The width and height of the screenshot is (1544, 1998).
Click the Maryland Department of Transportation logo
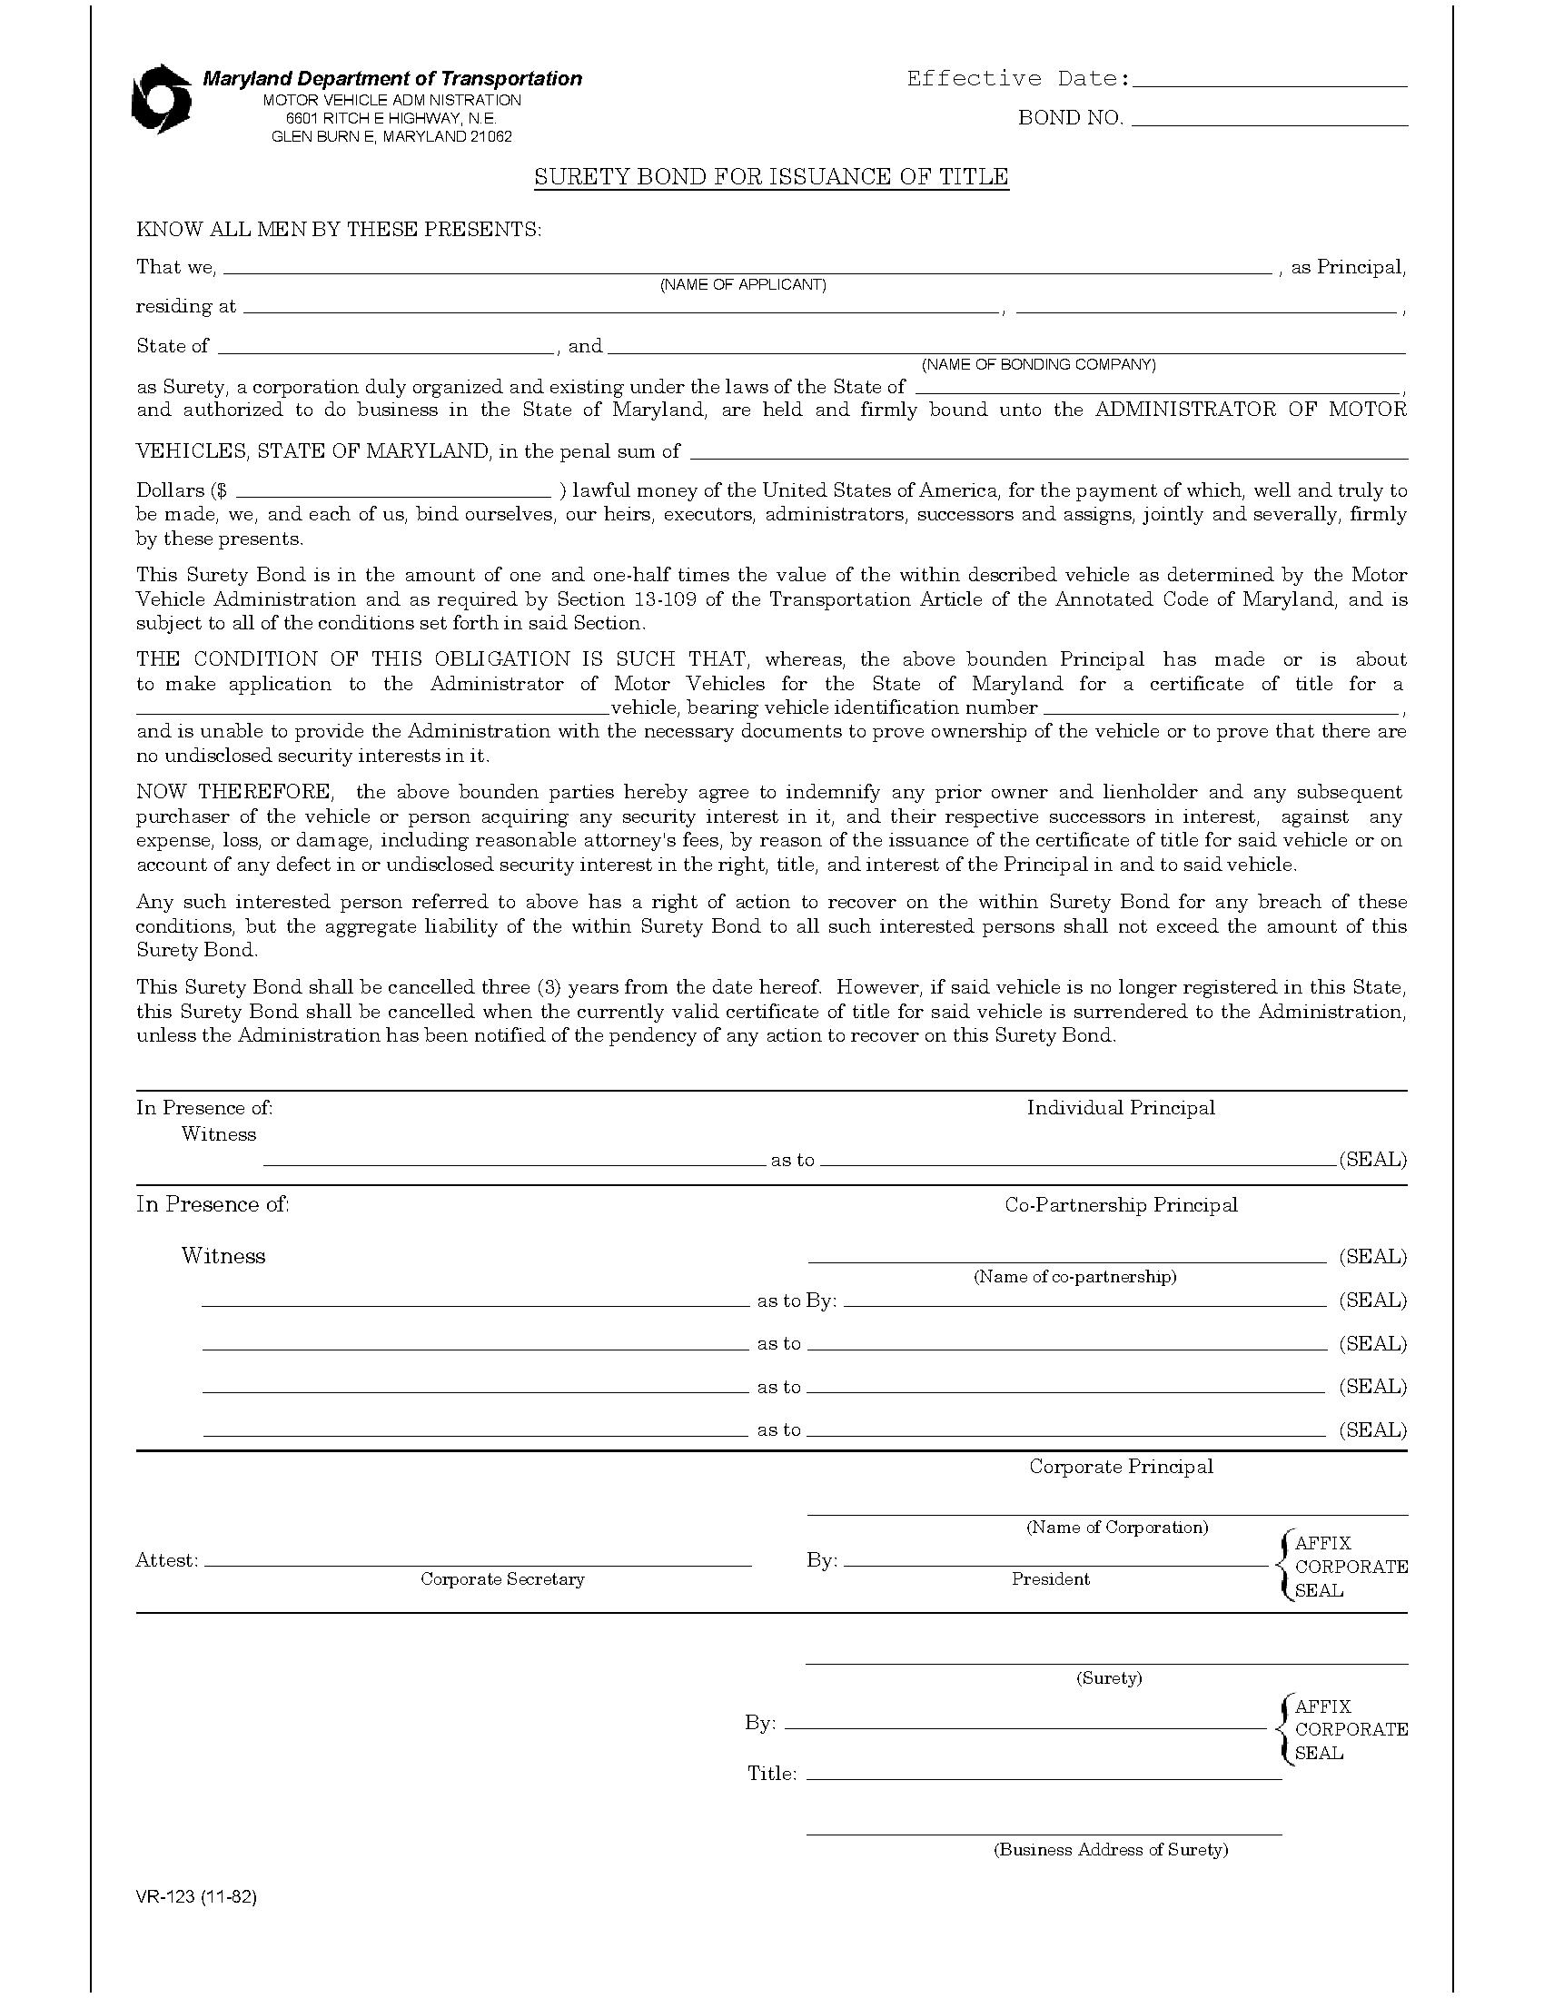point(161,99)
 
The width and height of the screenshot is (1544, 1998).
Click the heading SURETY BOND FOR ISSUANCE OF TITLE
point(771,176)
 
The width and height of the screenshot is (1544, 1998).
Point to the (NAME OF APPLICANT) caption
point(743,285)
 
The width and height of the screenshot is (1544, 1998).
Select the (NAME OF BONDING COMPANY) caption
point(1038,365)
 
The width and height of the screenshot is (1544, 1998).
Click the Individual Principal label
point(1121,1108)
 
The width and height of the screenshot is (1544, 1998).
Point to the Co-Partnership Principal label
point(1121,1205)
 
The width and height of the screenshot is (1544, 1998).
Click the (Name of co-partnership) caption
point(1074,1276)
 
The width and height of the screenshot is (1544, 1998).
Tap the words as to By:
point(797,1301)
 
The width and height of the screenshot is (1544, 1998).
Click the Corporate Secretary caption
point(502,1579)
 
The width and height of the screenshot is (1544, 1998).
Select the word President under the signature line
point(1050,1579)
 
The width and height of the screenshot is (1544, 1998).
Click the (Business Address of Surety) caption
point(1111,1850)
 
